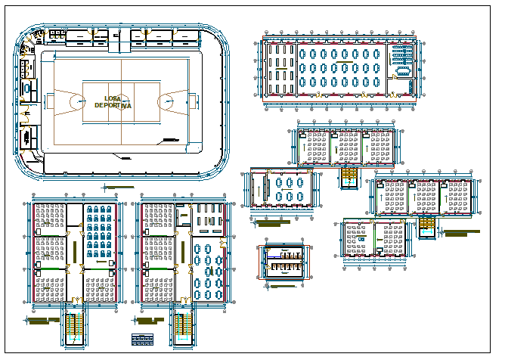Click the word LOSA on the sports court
(x=113, y=98)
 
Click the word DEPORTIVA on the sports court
(x=113, y=106)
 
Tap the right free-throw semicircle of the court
(x=166, y=101)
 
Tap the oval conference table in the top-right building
(x=400, y=72)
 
